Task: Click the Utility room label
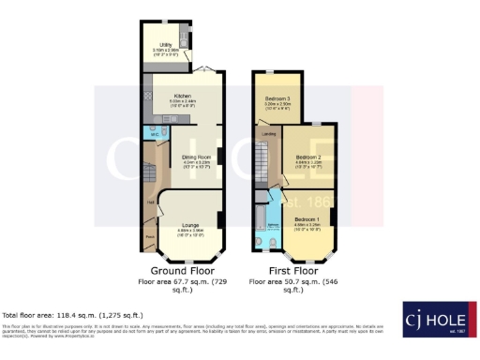(164, 43)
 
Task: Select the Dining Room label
(194, 156)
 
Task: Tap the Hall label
(149, 201)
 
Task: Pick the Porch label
(149, 236)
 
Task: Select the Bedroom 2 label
(308, 156)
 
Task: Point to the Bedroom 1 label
(307, 219)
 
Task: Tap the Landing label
(268, 133)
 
